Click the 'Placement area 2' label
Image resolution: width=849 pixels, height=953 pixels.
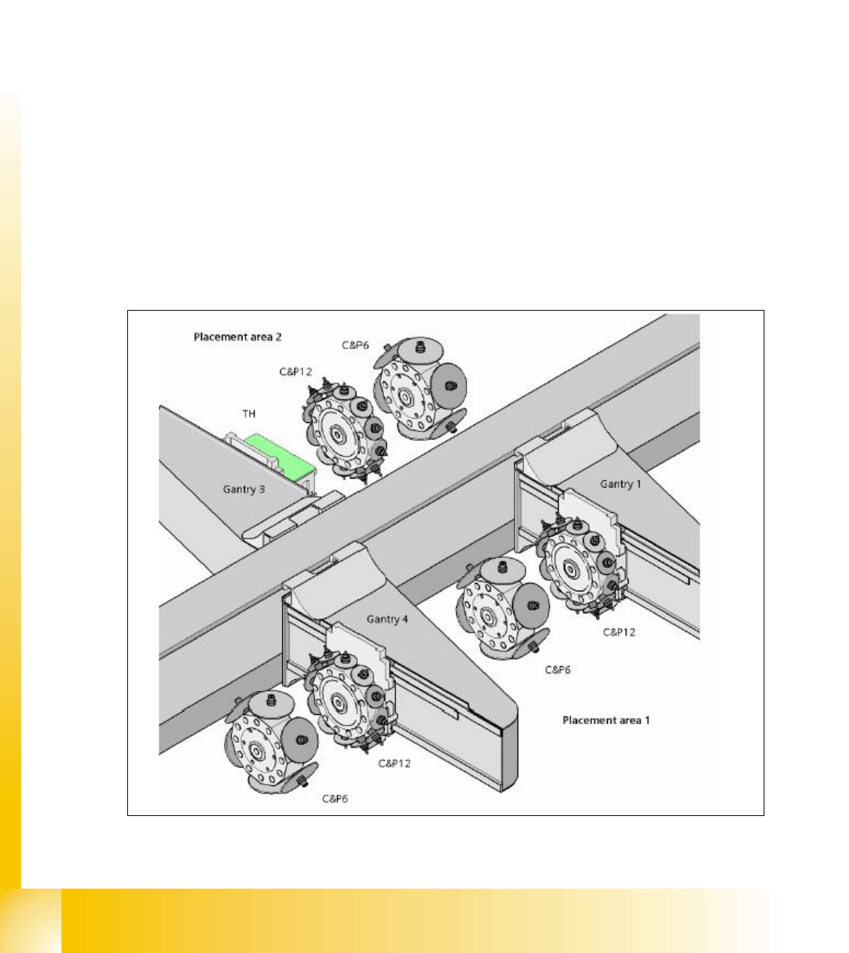237,337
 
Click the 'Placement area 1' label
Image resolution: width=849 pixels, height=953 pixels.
606,720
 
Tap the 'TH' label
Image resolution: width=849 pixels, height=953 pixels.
249,413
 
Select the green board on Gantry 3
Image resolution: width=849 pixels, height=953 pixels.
279,455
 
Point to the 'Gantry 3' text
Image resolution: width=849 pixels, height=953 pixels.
243,489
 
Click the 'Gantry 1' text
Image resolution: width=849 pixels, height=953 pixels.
621,484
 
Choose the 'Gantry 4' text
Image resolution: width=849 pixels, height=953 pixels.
387,619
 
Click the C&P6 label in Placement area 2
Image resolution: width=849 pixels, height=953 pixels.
355,345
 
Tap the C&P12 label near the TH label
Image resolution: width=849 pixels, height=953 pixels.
296,371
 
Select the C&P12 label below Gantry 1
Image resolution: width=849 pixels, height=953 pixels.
619,632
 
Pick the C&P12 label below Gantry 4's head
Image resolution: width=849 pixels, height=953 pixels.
394,764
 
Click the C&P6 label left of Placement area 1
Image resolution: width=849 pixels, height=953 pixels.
557,670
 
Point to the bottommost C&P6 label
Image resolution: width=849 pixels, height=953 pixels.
335,799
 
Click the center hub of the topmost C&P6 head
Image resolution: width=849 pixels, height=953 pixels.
405,397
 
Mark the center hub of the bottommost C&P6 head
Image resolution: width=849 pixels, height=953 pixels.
256,750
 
